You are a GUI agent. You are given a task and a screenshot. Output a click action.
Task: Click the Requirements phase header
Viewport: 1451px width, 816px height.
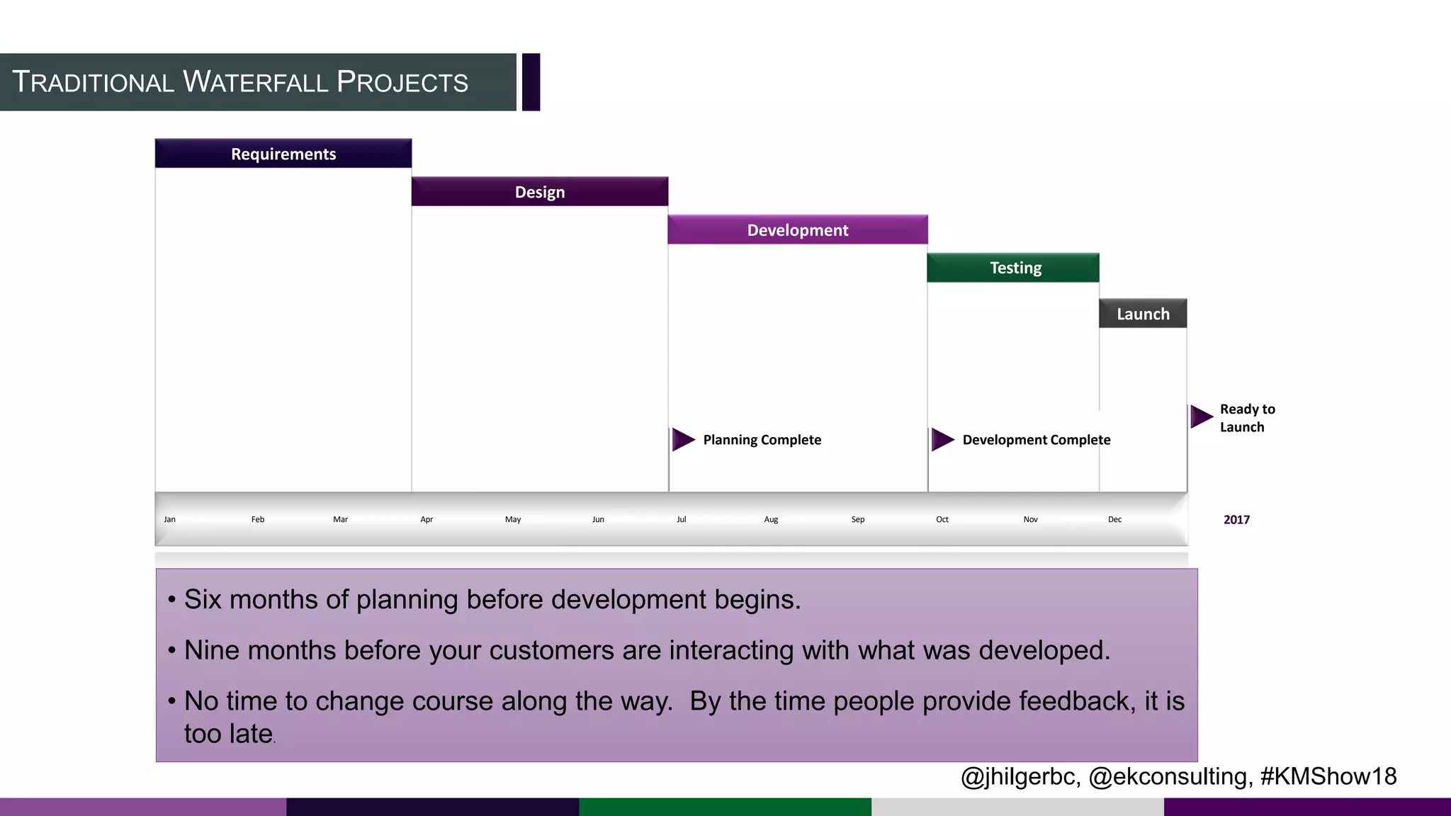click(283, 154)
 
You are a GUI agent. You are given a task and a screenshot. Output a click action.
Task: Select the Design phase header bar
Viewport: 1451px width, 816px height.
click(540, 192)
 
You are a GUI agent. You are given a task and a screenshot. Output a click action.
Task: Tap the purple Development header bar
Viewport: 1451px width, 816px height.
click(798, 230)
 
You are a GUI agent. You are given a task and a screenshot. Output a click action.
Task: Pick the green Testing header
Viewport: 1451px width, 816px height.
click(1014, 268)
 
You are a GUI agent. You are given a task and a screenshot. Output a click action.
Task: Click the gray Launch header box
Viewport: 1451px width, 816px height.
click(1143, 314)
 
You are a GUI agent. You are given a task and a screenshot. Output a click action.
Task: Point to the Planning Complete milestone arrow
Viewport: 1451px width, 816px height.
click(682, 440)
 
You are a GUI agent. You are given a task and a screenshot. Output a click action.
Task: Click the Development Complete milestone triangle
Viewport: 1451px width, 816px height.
click(942, 440)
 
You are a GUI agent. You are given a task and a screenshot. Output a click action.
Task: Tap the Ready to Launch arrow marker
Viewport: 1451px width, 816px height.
click(1201, 416)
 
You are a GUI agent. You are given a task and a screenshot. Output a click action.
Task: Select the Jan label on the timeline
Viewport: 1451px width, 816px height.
click(169, 519)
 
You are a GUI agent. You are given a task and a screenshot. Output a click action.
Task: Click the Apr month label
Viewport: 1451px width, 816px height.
click(427, 519)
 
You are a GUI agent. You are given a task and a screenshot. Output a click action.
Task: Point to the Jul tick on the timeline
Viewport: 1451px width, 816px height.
click(681, 519)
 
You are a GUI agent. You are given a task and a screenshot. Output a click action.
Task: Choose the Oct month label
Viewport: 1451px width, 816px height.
click(942, 519)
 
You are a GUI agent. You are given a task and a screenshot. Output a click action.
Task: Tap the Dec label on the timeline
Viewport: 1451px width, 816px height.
click(1114, 519)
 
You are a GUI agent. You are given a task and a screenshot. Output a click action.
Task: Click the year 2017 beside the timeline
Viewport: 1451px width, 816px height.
click(1236, 520)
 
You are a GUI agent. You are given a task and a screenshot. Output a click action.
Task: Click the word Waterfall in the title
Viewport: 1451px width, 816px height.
click(256, 82)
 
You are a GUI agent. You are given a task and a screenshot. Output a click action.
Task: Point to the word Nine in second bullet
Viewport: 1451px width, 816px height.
click(210, 650)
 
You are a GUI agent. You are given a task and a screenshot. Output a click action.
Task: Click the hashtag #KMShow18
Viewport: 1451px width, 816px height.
click(1328, 776)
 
